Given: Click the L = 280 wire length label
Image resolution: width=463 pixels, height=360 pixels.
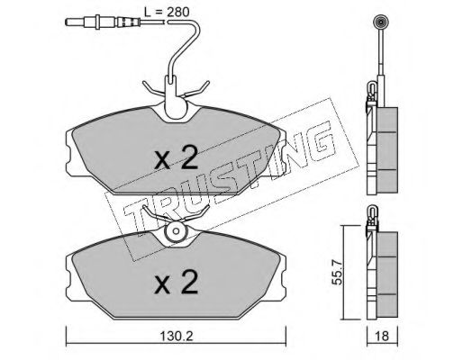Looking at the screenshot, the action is (167, 12).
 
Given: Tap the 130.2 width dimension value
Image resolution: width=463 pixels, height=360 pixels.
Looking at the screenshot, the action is (177, 337).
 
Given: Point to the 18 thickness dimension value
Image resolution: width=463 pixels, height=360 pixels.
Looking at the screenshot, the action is (382, 336).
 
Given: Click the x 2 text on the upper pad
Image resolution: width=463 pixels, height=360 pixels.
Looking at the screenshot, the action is (177, 157).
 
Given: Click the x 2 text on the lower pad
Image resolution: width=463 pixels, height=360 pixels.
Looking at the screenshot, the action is (177, 282).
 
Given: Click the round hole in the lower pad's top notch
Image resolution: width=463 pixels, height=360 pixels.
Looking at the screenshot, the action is (177, 231).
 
